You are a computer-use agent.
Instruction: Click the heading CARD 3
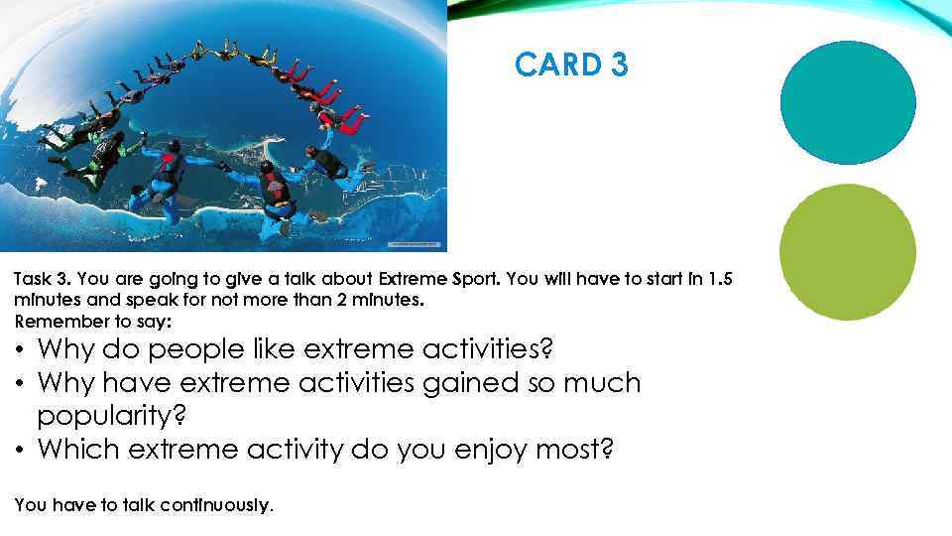point(571,66)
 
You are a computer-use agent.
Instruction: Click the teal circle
point(848,102)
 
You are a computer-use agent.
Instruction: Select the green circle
point(847,251)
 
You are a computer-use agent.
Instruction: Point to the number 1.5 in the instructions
point(727,279)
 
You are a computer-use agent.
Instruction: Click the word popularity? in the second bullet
point(105,416)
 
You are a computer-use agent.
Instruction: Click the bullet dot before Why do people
point(20,349)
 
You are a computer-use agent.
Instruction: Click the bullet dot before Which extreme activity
point(20,450)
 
